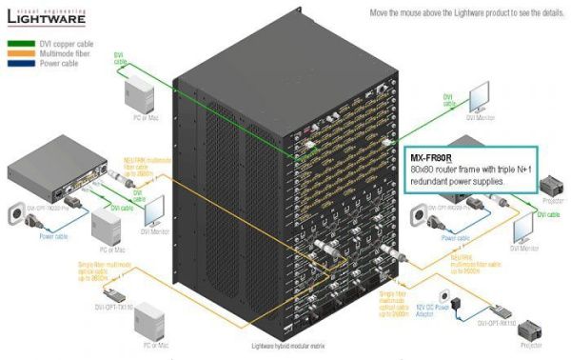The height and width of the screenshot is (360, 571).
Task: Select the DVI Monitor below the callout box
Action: pyautogui.click(x=523, y=230)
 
